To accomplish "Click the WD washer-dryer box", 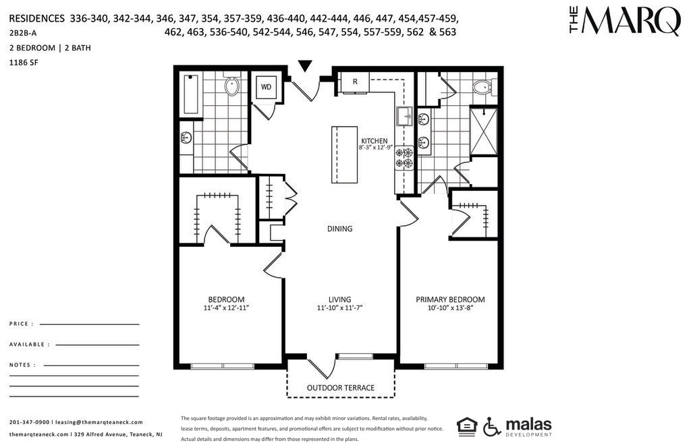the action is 266,87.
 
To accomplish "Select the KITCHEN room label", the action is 374,141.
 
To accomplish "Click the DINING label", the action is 340,229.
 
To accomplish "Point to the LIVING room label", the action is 340,299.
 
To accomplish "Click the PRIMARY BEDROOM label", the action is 450,299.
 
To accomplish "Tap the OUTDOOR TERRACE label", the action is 341,388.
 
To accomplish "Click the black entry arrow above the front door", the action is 305,65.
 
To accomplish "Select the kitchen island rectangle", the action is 344,154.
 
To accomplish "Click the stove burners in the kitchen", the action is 405,158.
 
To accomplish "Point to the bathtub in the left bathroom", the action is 191,94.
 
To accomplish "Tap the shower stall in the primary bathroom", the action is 483,131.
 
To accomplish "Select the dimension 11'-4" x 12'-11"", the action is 227,308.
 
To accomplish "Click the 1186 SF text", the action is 24,63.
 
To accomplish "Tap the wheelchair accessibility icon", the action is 492,426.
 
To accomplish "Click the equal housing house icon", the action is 467,427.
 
